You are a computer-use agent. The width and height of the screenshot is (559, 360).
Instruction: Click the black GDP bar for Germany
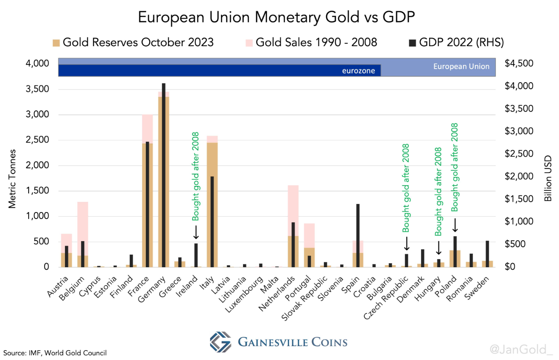tap(163, 176)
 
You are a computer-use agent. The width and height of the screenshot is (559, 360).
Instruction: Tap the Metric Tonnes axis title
tap(13, 179)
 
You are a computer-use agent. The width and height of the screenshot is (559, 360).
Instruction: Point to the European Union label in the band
tap(461, 66)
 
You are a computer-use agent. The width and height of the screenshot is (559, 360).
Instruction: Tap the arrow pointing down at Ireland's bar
tap(196, 233)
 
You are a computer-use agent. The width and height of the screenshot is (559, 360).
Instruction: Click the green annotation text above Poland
tap(454, 167)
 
